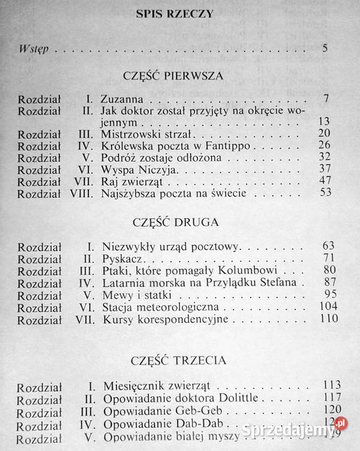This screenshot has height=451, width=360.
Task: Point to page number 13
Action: coord(324,121)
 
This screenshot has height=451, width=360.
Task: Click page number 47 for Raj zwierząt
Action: coord(324,181)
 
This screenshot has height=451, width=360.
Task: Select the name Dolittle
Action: coord(234,397)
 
